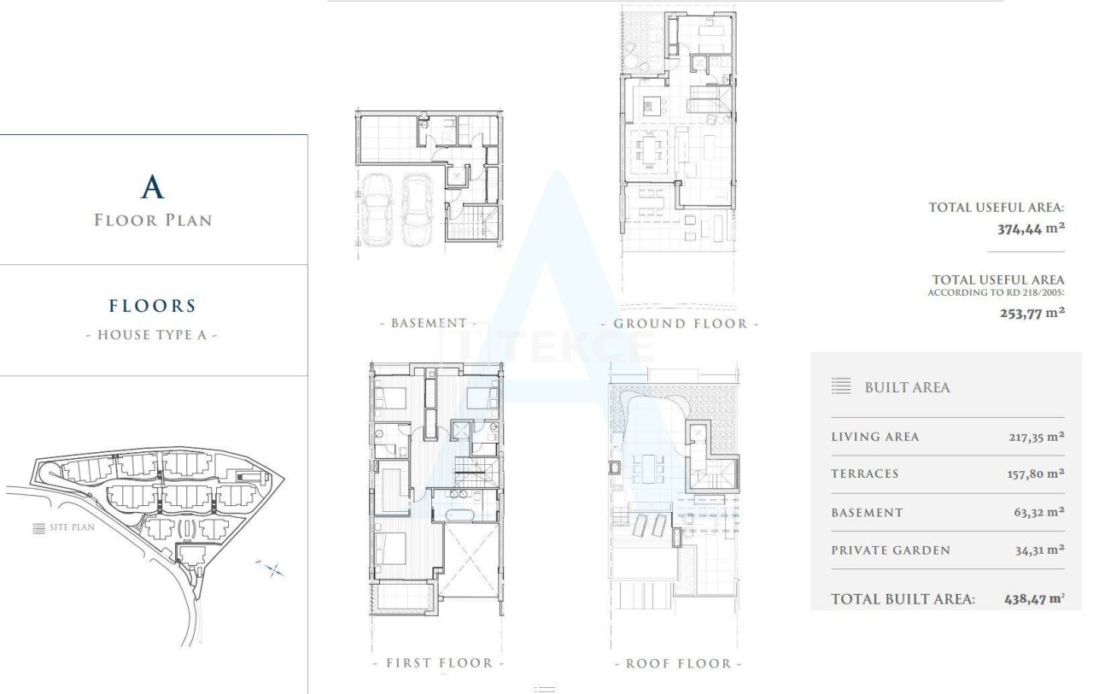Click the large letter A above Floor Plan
click(x=153, y=186)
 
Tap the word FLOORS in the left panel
click(x=153, y=306)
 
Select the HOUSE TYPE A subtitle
click(x=153, y=335)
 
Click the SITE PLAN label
click(x=72, y=527)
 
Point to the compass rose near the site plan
click(x=272, y=568)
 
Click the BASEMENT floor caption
click(x=429, y=323)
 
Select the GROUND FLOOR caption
click(x=680, y=323)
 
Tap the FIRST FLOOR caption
click(x=439, y=662)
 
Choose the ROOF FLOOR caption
click(x=679, y=663)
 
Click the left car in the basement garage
click(x=376, y=209)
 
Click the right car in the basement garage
click(x=417, y=209)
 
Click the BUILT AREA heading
click(x=907, y=387)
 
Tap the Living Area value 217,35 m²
click(x=1036, y=437)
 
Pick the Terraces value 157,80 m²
click(x=1035, y=473)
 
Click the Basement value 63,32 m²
click(x=1039, y=513)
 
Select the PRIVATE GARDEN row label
click(x=890, y=550)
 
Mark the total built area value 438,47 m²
click(x=1034, y=599)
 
